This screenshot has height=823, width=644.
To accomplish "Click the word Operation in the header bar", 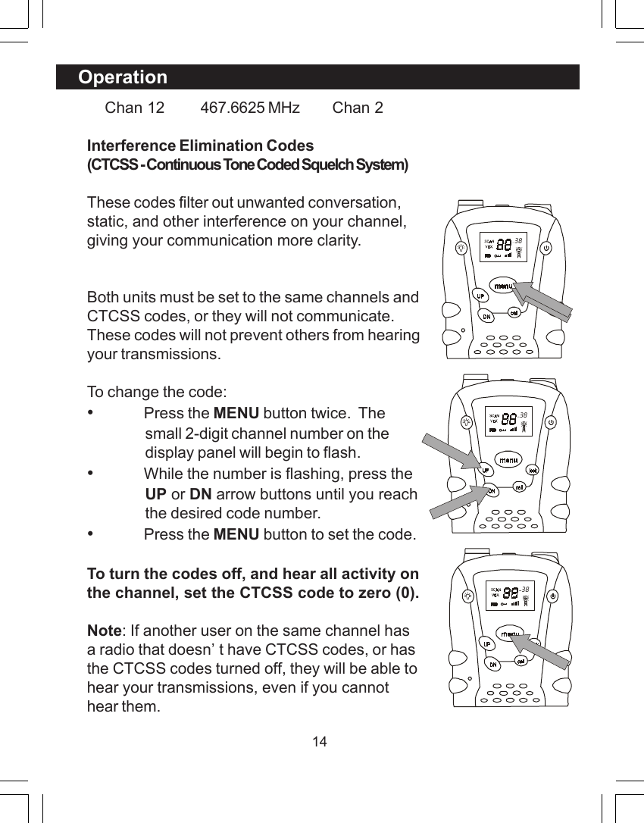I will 123,77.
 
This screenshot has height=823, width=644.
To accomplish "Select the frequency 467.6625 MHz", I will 249,108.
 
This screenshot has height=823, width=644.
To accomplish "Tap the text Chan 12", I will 134,108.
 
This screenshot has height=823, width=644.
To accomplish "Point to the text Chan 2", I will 358,108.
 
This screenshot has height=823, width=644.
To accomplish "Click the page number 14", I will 320,741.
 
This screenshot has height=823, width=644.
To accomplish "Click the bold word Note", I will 104,631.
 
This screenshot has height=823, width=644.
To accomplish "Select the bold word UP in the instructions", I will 155,494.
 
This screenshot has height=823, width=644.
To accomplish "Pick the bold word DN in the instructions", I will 200,494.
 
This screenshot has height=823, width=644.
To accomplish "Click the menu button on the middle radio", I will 507,459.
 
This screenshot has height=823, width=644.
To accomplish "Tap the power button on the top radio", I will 546,247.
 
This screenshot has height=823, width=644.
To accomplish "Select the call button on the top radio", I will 513,311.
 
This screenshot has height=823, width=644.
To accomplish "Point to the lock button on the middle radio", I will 533,469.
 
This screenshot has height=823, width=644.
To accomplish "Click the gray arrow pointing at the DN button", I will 455,502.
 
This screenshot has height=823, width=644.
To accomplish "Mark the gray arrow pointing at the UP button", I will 449,451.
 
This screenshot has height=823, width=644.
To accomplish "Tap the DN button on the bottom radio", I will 492,664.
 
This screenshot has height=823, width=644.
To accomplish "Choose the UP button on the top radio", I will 480,294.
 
